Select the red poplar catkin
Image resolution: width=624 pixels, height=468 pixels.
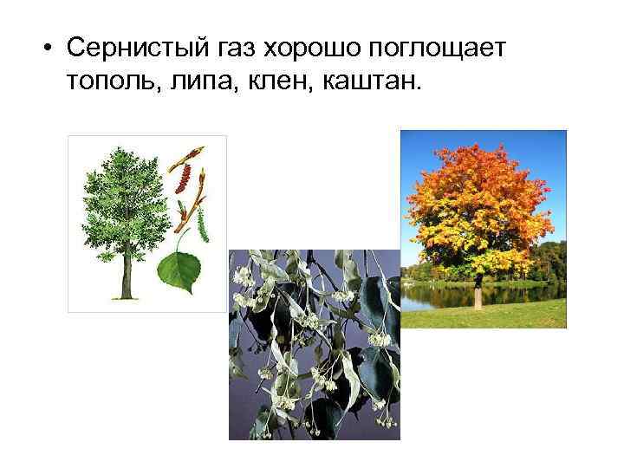[x=182, y=179]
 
